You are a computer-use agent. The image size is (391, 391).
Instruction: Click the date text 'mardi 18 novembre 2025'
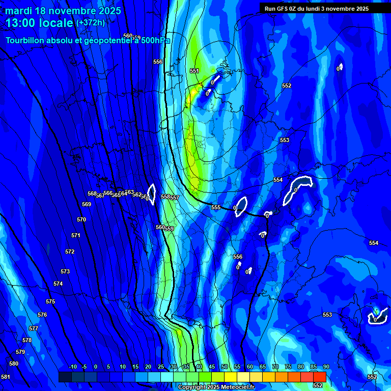click(63, 11)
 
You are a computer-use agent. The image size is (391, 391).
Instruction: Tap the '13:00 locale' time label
click(40, 23)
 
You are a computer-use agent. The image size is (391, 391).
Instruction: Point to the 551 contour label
click(194, 71)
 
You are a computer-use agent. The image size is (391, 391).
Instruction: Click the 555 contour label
click(216, 207)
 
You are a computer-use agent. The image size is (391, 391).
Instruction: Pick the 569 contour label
click(87, 204)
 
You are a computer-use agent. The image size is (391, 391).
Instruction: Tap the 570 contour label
click(81, 219)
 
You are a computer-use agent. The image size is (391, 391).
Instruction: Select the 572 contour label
click(70, 252)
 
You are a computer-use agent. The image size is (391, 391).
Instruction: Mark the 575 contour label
click(50, 301)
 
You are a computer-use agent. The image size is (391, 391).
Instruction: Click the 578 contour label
click(27, 340)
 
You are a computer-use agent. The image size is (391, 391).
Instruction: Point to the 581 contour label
click(5, 377)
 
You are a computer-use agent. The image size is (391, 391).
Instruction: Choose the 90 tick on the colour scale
click(326, 367)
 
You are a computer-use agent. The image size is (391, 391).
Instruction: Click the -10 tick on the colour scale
click(72, 367)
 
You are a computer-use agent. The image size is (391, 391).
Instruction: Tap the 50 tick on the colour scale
click(225, 367)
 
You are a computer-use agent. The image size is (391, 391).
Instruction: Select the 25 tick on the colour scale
click(161, 367)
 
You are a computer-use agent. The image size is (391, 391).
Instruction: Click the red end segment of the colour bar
click(319, 377)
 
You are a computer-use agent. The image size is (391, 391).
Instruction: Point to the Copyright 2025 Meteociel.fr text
click(216, 387)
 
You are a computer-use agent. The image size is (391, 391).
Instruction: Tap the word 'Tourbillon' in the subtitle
click(27, 40)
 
